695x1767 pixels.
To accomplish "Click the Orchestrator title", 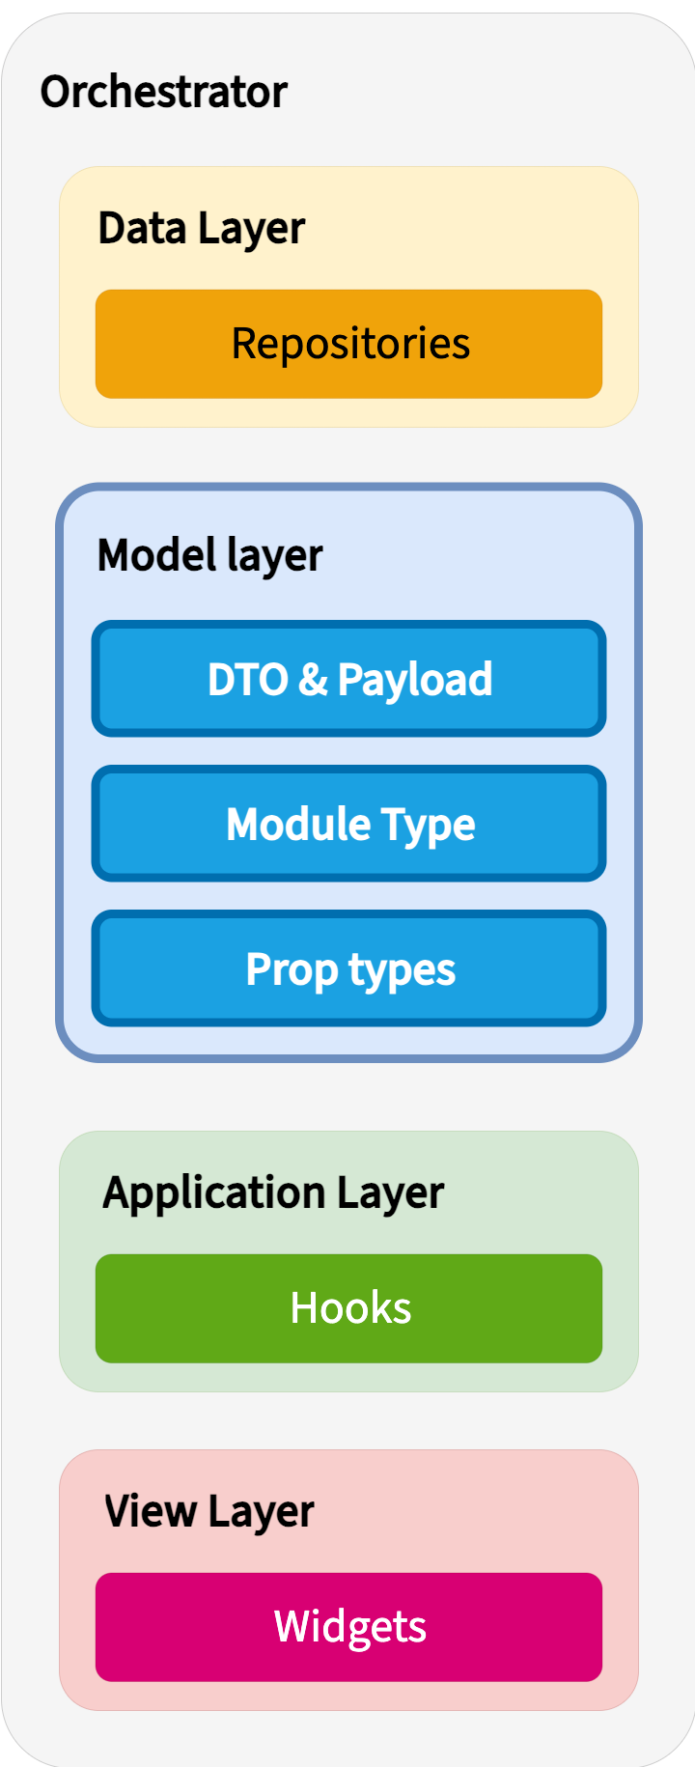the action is pyautogui.click(x=163, y=92).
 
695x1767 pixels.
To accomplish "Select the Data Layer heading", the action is pyautogui.click(x=201, y=229).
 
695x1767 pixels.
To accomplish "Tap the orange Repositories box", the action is pyautogui.click(x=348, y=344).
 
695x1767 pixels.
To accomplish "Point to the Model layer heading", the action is pyautogui.click(x=209, y=555).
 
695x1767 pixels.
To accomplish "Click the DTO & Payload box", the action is pyautogui.click(x=348, y=679).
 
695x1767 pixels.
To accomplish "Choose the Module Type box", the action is pyautogui.click(x=348, y=824).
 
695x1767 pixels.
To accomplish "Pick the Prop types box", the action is pyautogui.click(x=348, y=968).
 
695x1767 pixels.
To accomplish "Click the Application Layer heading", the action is pyautogui.click(x=273, y=1192).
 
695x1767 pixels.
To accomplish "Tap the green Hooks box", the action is pyautogui.click(x=348, y=1308).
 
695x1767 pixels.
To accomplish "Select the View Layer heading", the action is pyautogui.click(x=208, y=1511).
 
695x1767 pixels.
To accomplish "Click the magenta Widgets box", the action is pyautogui.click(x=348, y=1627).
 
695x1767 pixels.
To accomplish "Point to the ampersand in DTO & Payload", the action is pyautogui.click(x=313, y=679).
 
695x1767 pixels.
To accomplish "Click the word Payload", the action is pyautogui.click(x=415, y=679).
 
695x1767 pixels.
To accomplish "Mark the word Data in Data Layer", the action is pyautogui.click(x=142, y=229).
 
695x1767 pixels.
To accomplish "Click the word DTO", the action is pyautogui.click(x=247, y=679).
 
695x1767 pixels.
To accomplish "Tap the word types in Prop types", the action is pyautogui.click(x=402, y=969).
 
